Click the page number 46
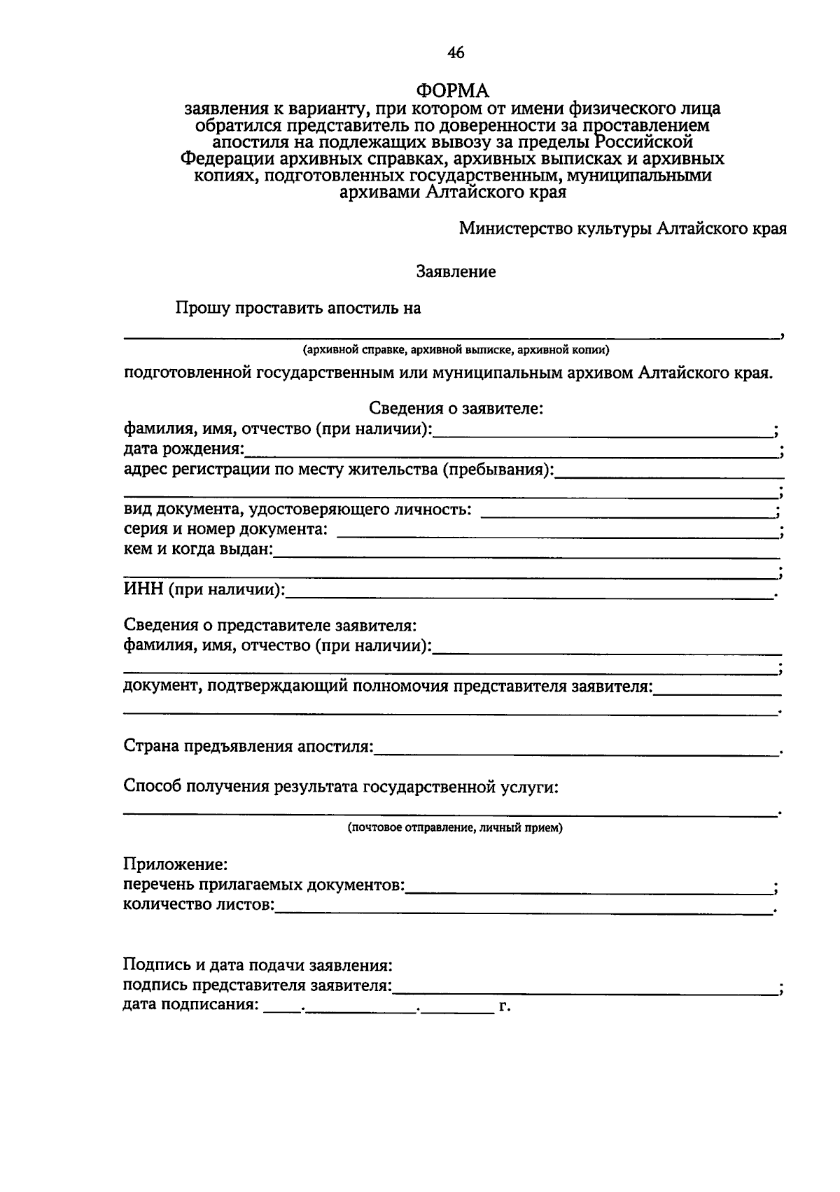(x=455, y=52)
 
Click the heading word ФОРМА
(x=453, y=90)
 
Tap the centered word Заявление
(x=456, y=272)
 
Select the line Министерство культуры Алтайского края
(x=622, y=229)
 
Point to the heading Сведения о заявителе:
(x=456, y=408)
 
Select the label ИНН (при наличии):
(x=204, y=589)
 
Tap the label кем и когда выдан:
(x=198, y=549)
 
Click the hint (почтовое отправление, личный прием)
(x=455, y=828)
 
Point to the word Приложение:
(x=176, y=865)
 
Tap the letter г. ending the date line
(x=504, y=1007)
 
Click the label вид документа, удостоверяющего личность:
(x=297, y=510)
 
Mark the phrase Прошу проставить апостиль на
(x=298, y=308)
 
